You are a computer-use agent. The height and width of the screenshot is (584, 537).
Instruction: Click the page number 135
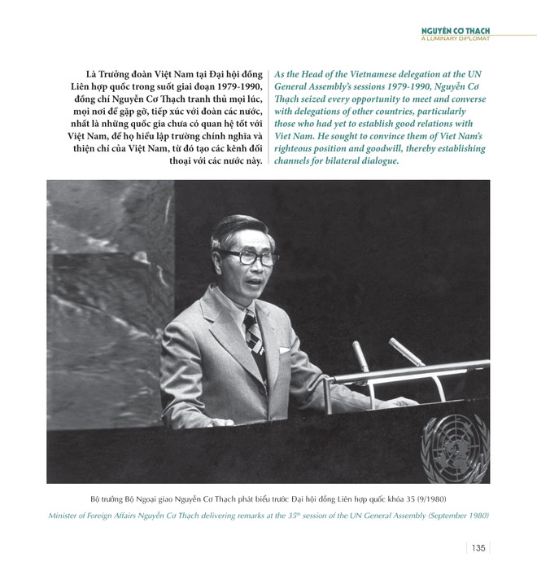(478, 547)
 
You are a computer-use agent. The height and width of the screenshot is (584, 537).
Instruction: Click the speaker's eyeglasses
(244, 257)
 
